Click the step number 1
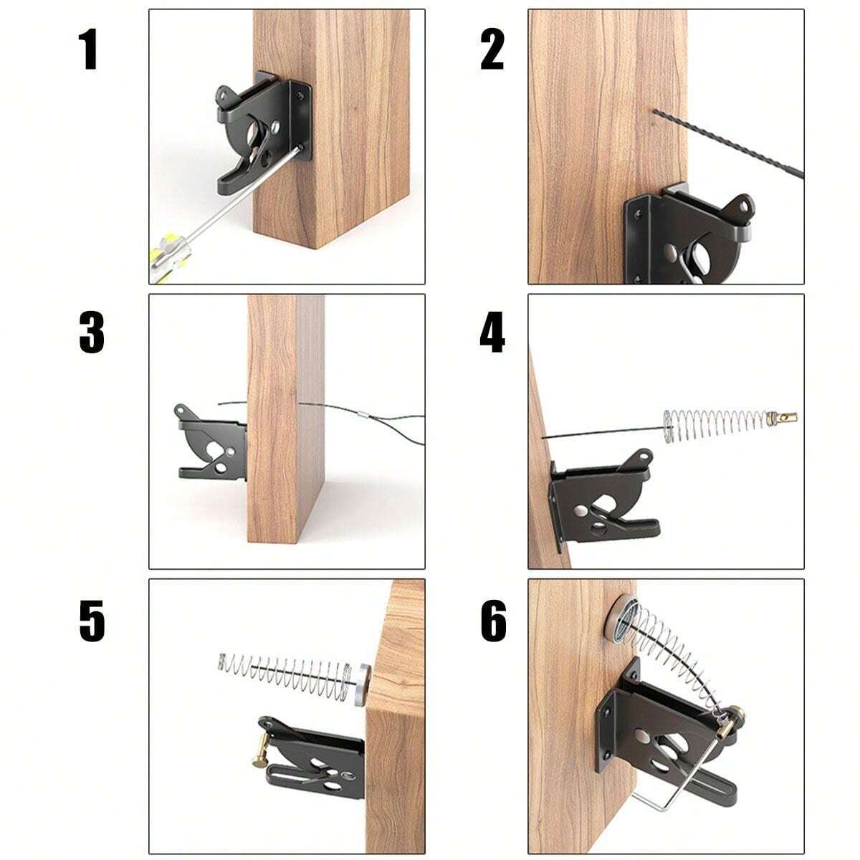88,51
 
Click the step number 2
492,51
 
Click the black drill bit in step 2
731,144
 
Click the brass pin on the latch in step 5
260,746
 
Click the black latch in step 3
211,445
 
